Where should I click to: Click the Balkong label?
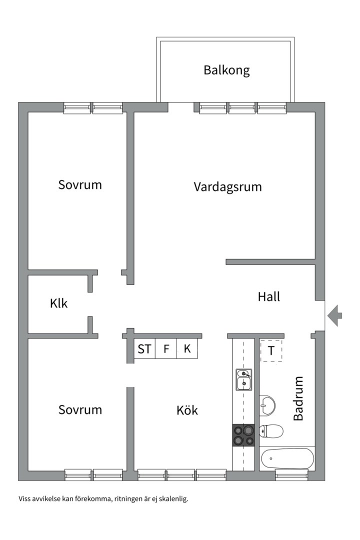tap(226, 70)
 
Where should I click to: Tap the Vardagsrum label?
tap(227, 187)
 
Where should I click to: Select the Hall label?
tap(269, 296)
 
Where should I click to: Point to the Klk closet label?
tap(58, 303)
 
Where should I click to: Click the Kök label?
tap(187, 410)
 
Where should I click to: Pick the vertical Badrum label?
tap(298, 398)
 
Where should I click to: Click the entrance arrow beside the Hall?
tap(335, 315)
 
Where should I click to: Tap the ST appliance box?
tap(144, 349)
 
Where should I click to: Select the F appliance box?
tap(166, 349)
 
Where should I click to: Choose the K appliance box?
tap(187, 349)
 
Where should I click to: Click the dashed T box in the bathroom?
tap(271, 350)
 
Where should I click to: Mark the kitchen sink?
tap(244, 379)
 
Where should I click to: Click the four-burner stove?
tap(244, 434)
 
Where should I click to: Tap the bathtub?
tap(287, 457)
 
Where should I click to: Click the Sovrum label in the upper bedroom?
tap(80, 184)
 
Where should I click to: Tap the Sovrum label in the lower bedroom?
tap(80, 410)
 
